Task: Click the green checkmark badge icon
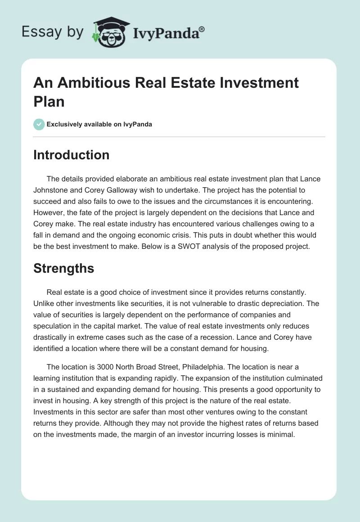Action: pos(39,124)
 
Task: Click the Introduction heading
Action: pos(72,155)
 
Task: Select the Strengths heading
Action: pos(64,268)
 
